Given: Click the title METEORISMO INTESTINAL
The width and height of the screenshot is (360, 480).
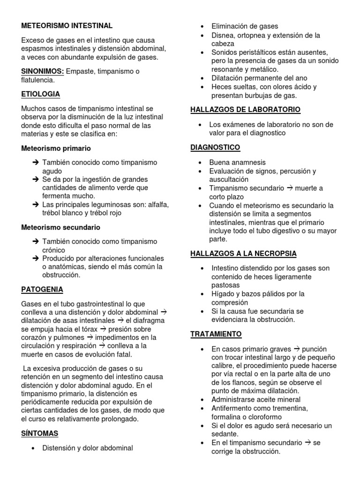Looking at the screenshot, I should [67, 25].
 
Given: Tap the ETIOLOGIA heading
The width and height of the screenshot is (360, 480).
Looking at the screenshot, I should [41, 94].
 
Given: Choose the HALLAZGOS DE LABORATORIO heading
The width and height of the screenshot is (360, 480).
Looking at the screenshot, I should [245, 110].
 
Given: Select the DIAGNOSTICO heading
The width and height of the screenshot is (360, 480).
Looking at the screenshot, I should [215, 147].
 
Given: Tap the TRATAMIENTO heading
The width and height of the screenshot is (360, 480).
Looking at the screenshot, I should [216, 334].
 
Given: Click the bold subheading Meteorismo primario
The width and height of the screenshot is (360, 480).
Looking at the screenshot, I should [56, 148].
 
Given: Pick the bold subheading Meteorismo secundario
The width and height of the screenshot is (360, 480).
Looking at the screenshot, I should [61, 227].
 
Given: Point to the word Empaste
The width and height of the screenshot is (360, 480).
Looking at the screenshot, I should [80, 71].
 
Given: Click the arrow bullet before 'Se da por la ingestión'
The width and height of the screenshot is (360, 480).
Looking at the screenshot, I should [36, 179].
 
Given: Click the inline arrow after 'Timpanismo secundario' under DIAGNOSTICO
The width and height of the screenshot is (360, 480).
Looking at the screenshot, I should [290, 188].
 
